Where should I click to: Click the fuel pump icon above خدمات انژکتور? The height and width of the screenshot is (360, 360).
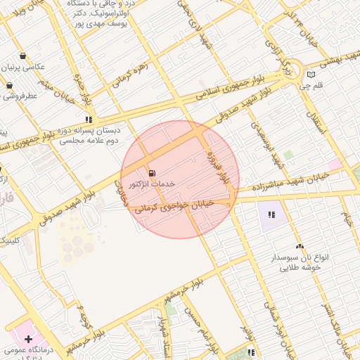[152, 173]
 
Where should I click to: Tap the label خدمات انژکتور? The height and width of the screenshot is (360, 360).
[151, 184]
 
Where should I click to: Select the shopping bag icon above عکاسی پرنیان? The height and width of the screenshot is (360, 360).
[23, 56]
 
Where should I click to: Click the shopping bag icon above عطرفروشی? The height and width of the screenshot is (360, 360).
[10, 85]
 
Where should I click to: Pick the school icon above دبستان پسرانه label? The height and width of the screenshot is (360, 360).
[88, 120]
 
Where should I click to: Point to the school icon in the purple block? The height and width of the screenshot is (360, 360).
[271, 214]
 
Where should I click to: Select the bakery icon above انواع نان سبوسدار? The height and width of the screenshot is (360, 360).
[300, 246]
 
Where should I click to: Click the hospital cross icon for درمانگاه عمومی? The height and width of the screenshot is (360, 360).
[28, 339]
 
